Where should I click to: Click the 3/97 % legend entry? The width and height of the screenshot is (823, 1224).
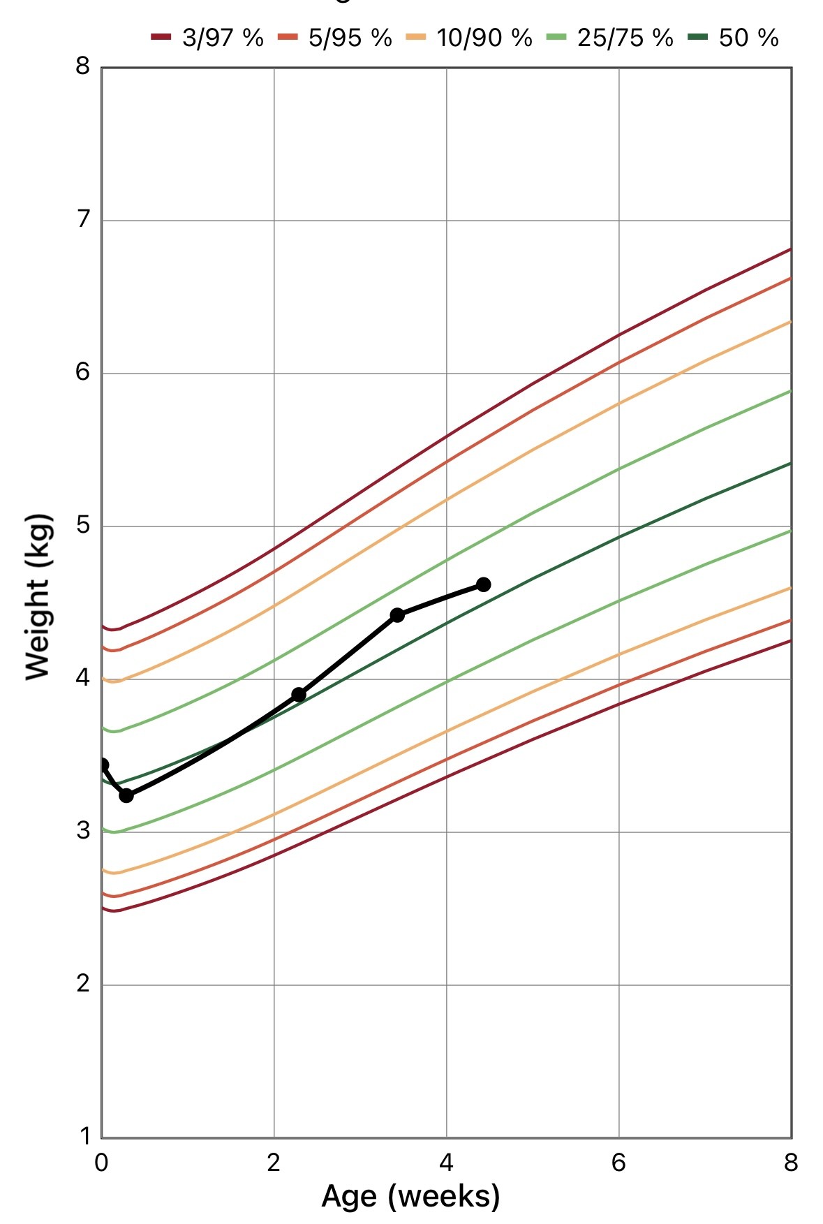[x=207, y=37]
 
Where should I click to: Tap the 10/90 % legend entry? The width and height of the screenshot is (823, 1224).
[x=469, y=37]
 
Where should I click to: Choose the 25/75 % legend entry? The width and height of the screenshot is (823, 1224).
[x=609, y=37]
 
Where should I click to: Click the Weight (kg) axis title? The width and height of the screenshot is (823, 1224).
[x=39, y=597]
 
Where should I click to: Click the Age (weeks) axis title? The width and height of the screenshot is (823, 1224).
[x=410, y=1196]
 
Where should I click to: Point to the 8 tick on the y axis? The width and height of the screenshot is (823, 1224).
[x=83, y=66]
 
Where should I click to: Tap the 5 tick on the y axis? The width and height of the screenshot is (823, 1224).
[x=83, y=525]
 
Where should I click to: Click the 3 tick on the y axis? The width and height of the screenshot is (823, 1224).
[x=83, y=831]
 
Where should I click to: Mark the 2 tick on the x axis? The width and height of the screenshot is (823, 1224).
[x=274, y=1163]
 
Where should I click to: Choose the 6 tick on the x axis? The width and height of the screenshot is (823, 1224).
[x=618, y=1163]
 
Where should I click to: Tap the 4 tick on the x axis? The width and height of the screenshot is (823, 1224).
[x=446, y=1163]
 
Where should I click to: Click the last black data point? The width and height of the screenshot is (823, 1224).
[x=483, y=584]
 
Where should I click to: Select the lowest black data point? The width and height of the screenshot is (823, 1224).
[x=126, y=795]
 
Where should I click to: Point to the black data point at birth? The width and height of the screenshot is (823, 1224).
[x=103, y=765]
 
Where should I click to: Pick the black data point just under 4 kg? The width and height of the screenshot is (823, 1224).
[x=299, y=694]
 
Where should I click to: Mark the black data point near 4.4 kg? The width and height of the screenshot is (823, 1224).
[x=397, y=615]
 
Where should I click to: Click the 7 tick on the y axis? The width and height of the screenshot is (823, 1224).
[x=83, y=219]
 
